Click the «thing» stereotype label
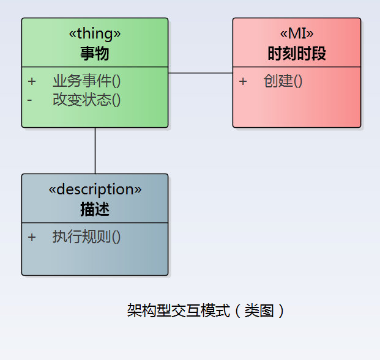(95, 34)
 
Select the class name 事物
(95, 53)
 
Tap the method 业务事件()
(86, 81)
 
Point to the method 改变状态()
(86, 100)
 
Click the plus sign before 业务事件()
(32, 81)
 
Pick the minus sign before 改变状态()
(29, 100)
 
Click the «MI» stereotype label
(297, 34)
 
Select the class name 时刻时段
(297, 53)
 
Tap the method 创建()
(283, 81)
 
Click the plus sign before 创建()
(243, 81)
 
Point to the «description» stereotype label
(95, 189)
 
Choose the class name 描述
(95, 209)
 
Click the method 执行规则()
(86, 237)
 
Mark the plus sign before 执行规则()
(32, 237)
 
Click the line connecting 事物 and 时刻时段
(201, 73)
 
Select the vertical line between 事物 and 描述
(95, 150)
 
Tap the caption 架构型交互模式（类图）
(206, 310)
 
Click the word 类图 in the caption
(259, 310)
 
